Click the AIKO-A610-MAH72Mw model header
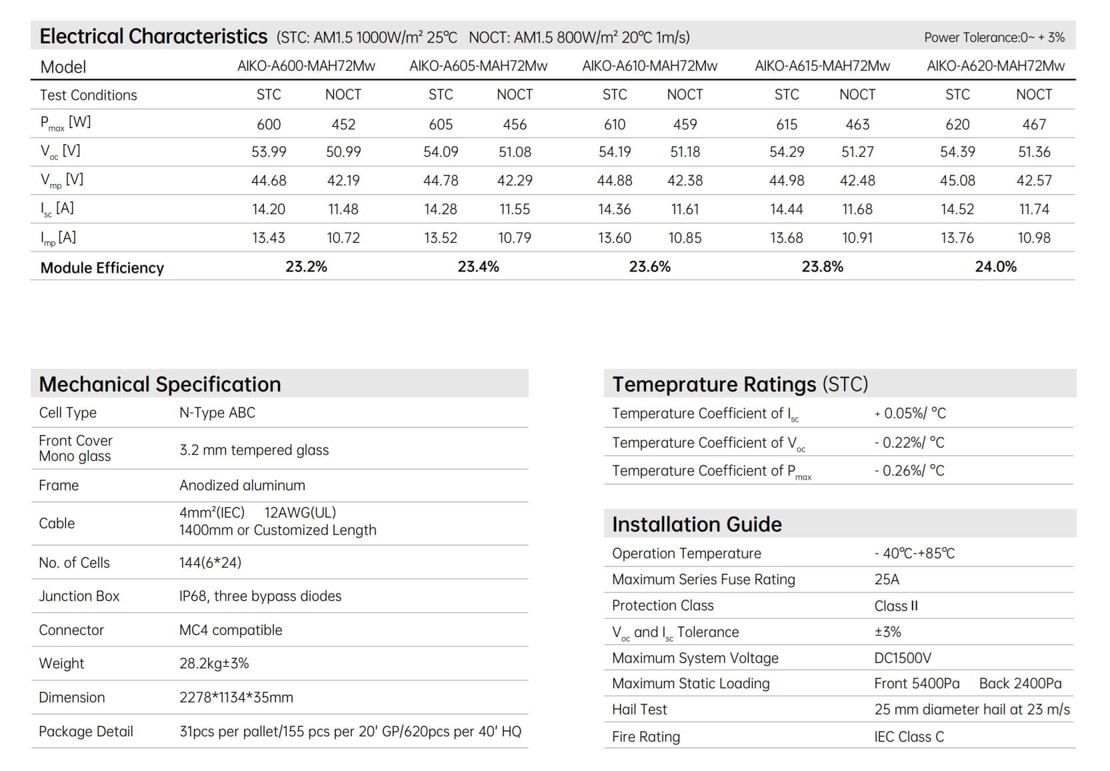[x=649, y=66]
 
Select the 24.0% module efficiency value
[x=995, y=267]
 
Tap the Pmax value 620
[x=957, y=124]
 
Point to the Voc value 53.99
[x=269, y=152]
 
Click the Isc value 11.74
[x=1034, y=209]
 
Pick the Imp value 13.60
[x=614, y=238]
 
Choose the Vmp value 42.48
[x=857, y=181]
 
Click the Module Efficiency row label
[x=102, y=267]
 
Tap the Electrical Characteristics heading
[x=153, y=36]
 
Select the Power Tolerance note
[x=994, y=37]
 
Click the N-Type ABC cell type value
[x=217, y=413]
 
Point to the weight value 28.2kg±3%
[x=214, y=664]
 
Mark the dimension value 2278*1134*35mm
[x=236, y=698]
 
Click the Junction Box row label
[x=79, y=596]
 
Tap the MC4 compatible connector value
[x=231, y=630]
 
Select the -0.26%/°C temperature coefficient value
[x=909, y=471]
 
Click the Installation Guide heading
[x=697, y=524]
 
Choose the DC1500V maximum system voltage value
[x=903, y=658]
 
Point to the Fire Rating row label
[x=646, y=737]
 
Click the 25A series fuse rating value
[x=887, y=580]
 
